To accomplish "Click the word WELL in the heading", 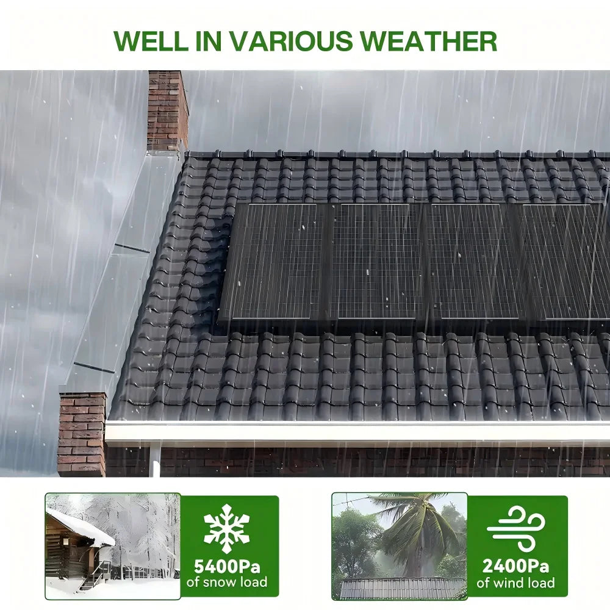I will [148, 40].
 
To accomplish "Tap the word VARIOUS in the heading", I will [282, 40].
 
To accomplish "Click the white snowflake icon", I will [226, 528].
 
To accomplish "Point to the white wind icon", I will [516, 528].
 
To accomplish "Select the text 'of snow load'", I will [226, 582].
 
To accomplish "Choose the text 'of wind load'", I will [516, 582].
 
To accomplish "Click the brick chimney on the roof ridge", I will [166, 110].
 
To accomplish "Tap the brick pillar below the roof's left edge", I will [81, 433].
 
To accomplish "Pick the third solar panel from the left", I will [473, 261].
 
